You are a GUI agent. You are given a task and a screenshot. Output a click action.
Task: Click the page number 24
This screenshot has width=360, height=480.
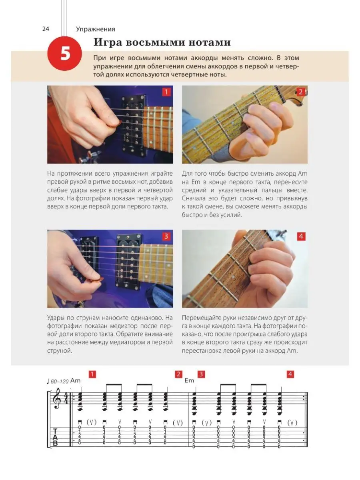click(x=46, y=29)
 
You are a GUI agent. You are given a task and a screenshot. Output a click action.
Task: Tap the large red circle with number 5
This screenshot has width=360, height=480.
click(x=65, y=54)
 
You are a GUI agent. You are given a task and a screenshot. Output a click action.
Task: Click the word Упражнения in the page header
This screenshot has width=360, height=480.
click(x=96, y=29)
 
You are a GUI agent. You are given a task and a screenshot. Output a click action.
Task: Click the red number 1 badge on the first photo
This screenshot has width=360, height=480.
click(x=166, y=92)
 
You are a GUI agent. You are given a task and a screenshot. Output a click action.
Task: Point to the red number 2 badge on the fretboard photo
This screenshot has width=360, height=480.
click(x=301, y=92)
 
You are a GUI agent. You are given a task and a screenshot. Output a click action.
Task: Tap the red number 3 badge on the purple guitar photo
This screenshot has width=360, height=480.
click(x=166, y=236)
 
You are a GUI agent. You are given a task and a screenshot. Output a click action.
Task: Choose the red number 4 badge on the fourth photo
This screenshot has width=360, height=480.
click(x=301, y=236)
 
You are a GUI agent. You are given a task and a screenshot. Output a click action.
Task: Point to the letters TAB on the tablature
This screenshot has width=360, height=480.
click(x=55, y=437)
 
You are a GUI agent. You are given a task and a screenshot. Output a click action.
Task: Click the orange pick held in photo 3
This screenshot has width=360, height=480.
click(x=96, y=280)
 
